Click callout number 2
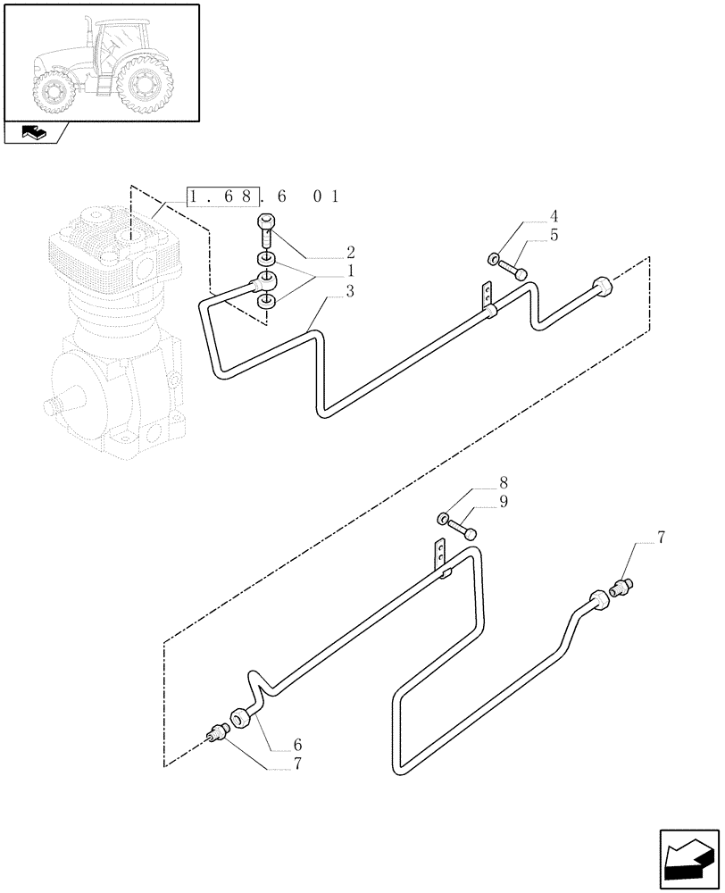(x=326, y=252)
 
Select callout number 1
(x=326, y=271)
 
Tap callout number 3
(x=326, y=290)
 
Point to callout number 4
(x=554, y=217)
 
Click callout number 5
(x=554, y=237)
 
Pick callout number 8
(x=504, y=483)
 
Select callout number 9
(x=504, y=502)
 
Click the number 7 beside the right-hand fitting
(x=661, y=538)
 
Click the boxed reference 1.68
(x=223, y=196)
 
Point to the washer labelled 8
(x=442, y=517)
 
